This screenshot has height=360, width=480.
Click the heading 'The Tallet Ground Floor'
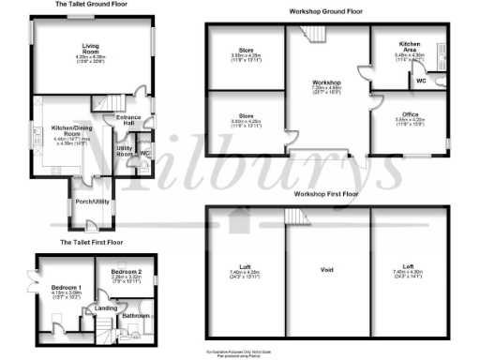click(91, 5)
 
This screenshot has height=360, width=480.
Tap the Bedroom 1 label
click(65, 286)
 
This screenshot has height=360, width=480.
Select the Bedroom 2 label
click(127, 269)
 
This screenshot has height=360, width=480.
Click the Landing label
click(106, 307)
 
